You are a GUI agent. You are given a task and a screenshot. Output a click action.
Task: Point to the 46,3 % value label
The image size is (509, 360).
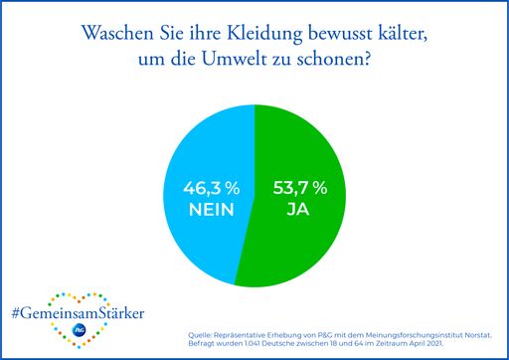click(210, 187)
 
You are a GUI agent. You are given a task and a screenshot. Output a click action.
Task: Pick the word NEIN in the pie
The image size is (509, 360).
click(210, 210)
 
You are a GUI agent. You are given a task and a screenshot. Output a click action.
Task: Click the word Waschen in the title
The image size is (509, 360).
click(119, 34)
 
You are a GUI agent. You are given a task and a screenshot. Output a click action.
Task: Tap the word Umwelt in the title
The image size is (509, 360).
click(242, 60)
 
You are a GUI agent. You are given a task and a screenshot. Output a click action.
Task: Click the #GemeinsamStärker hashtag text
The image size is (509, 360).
click(78, 313)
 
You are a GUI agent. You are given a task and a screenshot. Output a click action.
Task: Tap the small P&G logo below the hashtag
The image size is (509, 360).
click(78, 332)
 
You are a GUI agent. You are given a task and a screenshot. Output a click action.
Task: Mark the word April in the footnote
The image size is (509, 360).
click(418, 344)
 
